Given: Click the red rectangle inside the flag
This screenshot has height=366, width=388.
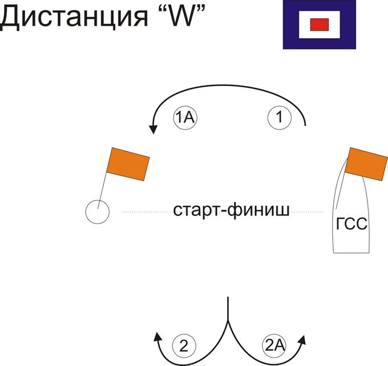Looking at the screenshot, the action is coord(319,25).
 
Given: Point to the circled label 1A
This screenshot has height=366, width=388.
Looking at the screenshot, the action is coord(185,117).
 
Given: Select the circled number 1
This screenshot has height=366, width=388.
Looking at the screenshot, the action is coord(280,117).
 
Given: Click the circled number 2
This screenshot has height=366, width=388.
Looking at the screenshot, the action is coord(184,346).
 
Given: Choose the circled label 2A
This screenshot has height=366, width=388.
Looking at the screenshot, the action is coord(274,345).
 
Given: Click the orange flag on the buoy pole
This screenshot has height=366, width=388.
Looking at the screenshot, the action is coord(128,164).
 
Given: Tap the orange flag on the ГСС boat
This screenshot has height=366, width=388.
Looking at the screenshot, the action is coord(366,164).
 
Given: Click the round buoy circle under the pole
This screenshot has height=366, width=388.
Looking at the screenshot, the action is coord(98,212).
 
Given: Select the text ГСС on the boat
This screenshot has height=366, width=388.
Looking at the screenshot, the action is coord(351,224).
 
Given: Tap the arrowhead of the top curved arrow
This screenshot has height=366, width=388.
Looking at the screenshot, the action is coord(153,129).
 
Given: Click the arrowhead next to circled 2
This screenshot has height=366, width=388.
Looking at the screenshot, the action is coord(157,337).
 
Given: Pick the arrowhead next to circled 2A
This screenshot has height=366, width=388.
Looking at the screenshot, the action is coord(302,340).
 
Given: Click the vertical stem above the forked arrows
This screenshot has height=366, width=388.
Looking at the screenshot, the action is coord(228,308).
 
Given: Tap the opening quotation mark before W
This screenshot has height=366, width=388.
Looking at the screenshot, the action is coord(159,9).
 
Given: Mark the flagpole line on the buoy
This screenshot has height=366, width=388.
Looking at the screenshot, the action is coord(102,190).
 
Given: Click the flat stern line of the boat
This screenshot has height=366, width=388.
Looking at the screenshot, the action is coord(351,253).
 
